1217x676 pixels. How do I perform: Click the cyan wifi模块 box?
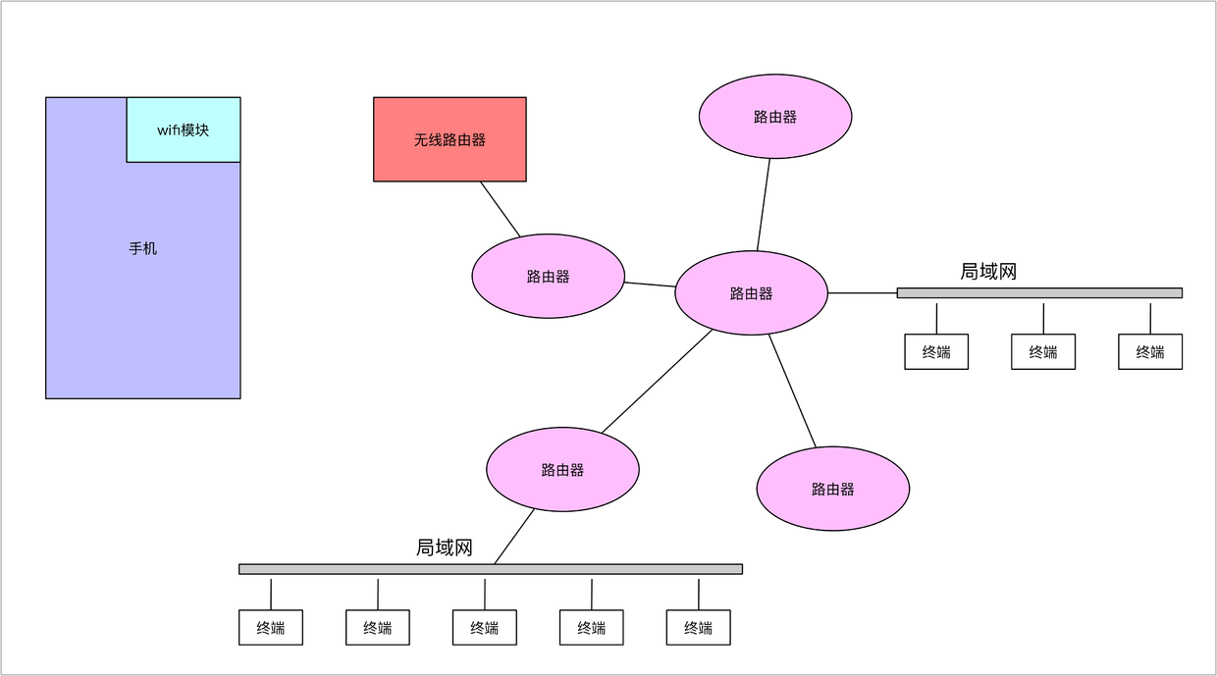click(184, 130)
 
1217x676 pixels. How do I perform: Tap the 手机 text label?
click(143, 249)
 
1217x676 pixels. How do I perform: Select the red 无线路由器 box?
click(450, 139)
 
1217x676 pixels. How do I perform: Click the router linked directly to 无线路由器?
click(548, 277)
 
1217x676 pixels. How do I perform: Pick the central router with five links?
click(751, 293)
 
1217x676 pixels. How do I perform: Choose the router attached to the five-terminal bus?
click(562, 470)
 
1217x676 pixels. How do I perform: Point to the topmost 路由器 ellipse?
click(774, 117)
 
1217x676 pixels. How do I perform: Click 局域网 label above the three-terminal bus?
click(988, 272)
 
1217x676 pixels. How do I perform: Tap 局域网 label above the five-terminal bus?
click(445, 547)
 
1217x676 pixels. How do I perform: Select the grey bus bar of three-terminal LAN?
click(1039, 292)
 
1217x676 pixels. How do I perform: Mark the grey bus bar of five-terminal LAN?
click(491, 569)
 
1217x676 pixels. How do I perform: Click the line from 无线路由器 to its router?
click(501, 209)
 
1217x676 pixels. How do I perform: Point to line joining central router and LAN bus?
click(863, 292)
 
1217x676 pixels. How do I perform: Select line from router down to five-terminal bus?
click(514, 537)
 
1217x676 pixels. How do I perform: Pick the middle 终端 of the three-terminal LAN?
click(1043, 351)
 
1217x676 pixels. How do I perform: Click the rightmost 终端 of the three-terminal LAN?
click(1150, 351)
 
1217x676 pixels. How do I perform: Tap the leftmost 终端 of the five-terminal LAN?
click(271, 628)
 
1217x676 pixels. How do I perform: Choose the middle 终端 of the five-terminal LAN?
click(485, 628)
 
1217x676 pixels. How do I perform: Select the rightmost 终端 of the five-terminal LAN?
click(698, 628)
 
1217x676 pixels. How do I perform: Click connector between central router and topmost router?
click(764, 204)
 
